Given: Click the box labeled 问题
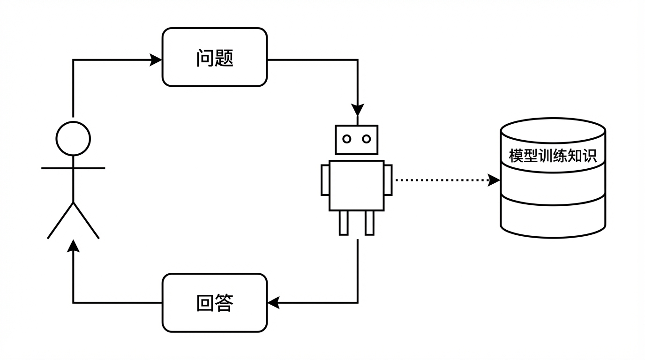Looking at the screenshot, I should point(214,57).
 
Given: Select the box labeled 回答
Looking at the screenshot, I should point(214,303).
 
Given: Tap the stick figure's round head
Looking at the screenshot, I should point(73,138).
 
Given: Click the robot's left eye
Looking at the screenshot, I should point(347,139).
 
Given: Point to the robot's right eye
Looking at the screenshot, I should point(367,139).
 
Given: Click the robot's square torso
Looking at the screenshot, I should point(357,186).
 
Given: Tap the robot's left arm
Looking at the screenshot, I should point(325,180).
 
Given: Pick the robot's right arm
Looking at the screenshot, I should point(388,180).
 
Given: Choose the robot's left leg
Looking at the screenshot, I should point(344,223).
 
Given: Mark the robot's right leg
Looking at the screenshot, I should point(369,223).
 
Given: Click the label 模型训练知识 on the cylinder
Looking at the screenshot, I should point(553,156).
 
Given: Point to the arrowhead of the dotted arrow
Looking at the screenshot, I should point(494,180).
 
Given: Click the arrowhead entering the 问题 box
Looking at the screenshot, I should point(156,60).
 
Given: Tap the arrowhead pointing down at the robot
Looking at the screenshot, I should point(358,110).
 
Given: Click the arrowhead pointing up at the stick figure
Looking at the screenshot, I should point(73,246).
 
